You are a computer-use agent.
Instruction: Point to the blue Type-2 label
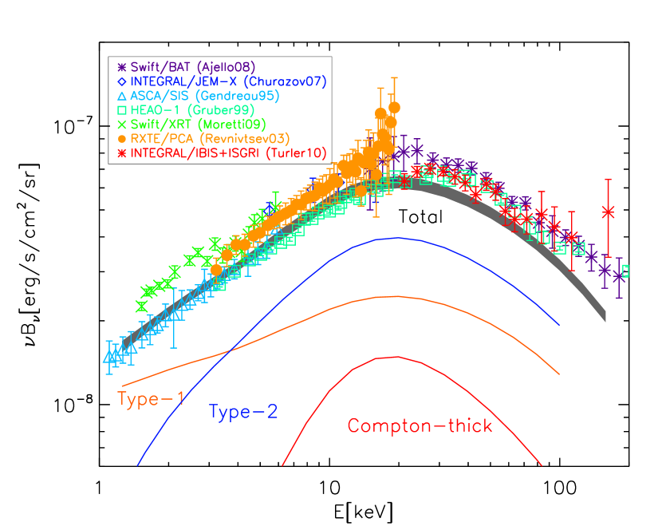[243, 412]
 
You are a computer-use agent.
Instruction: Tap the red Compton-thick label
[420, 425]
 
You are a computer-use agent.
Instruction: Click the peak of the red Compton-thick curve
[396, 357]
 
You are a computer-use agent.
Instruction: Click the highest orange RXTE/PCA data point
[393, 107]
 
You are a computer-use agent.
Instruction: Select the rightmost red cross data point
[609, 212]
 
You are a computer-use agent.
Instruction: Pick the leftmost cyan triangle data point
[108, 357]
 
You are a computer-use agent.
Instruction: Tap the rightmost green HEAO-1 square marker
[625, 271]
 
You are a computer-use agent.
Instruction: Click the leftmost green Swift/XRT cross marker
[141, 306]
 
